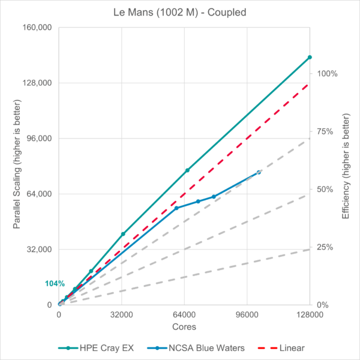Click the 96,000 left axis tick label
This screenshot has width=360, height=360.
[37, 139]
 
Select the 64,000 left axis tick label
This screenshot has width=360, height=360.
[37, 194]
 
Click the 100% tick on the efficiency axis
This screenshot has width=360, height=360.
[327, 74]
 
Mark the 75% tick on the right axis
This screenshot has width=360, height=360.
[325, 131]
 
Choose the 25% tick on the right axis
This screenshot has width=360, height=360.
[325, 247]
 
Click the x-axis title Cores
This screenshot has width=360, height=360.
[184, 326]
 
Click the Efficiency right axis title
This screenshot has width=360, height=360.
[346, 166]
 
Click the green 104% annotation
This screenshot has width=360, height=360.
[54, 283]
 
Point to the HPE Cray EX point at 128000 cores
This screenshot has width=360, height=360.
[310, 57]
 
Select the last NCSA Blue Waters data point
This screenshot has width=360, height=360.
[259, 172]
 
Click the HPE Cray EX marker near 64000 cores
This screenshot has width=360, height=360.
[187, 170]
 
